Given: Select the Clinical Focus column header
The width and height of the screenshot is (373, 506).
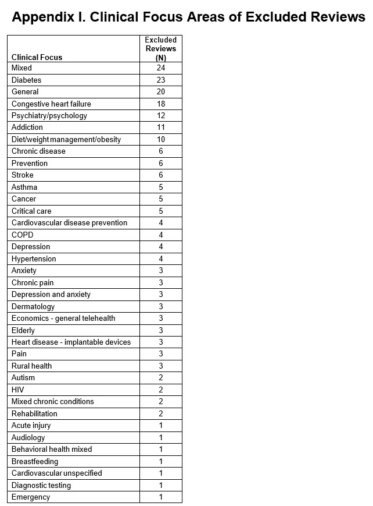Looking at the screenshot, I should click(37, 57).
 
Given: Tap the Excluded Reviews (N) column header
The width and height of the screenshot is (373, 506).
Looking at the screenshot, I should click(161, 49).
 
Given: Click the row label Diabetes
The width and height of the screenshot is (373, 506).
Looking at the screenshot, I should click(27, 80).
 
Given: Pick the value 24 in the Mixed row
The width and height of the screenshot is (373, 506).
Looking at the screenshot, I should click(161, 68).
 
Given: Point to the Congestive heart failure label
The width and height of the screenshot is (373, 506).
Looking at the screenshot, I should click(51, 104).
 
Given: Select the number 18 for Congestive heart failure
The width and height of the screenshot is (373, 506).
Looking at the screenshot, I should click(161, 104).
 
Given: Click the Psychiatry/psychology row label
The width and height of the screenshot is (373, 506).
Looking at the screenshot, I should click(49, 115).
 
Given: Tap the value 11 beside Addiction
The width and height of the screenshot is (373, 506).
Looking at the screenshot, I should click(161, 127).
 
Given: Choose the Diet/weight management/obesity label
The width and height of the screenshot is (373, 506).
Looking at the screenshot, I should click(66, 139).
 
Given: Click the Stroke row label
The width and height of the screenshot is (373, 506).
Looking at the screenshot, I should click(23, 175).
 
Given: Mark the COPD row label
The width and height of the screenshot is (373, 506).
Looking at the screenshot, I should click(23, 235).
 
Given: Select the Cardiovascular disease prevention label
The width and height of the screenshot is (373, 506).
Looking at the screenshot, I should click(69, 222).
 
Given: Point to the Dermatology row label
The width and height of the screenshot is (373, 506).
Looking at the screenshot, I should click(33, 306).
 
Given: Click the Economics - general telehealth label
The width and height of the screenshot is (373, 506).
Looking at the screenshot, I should click(63, 318).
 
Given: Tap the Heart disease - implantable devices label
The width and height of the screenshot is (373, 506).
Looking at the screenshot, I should click(71, 342).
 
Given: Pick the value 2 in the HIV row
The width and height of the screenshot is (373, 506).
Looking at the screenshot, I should click(161, 390).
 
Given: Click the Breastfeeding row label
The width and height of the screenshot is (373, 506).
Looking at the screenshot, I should click(35, 461).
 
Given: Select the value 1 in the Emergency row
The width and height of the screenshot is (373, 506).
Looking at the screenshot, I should click(161, 497).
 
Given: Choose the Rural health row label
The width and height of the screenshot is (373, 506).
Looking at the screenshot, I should click(31, 366).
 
